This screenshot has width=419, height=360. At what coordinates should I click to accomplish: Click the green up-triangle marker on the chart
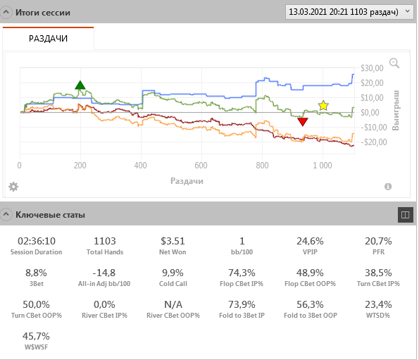coord(80,85)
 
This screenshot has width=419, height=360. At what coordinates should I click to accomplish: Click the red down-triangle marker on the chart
coord(303,122)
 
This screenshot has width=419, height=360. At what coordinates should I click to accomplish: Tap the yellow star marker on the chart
coord(323,106)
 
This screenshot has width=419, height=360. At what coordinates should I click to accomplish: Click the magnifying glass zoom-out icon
coord(394,63)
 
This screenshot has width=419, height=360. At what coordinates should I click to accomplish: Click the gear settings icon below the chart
coord(13,187)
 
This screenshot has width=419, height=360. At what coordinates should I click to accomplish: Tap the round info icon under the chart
coord(388,187)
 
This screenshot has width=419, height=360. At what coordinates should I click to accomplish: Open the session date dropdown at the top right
coord(349,12)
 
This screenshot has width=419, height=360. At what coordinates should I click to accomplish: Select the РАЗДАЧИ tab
coord(48,39)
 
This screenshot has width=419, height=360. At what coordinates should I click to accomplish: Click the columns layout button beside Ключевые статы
coord(406,215)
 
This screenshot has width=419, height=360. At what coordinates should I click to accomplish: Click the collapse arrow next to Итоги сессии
coord(6,12)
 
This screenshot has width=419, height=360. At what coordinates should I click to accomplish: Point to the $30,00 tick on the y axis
coord(372,68)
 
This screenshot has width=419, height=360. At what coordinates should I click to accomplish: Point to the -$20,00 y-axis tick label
coord(373,142)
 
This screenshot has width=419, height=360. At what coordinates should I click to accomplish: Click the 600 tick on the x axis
coord(201,166)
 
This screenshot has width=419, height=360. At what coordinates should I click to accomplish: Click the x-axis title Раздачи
coord(187,181)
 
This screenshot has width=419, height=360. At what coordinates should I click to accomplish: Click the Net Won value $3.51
coord(173,241)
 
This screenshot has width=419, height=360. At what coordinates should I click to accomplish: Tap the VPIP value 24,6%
coord(310,241)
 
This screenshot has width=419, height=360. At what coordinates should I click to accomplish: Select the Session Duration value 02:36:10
coord(37,241)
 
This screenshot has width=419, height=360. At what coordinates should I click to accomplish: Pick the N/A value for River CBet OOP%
coord(173,304)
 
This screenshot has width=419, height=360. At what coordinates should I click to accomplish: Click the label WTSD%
coord(378,316)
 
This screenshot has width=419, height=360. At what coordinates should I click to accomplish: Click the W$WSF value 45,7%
coord(36,336)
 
